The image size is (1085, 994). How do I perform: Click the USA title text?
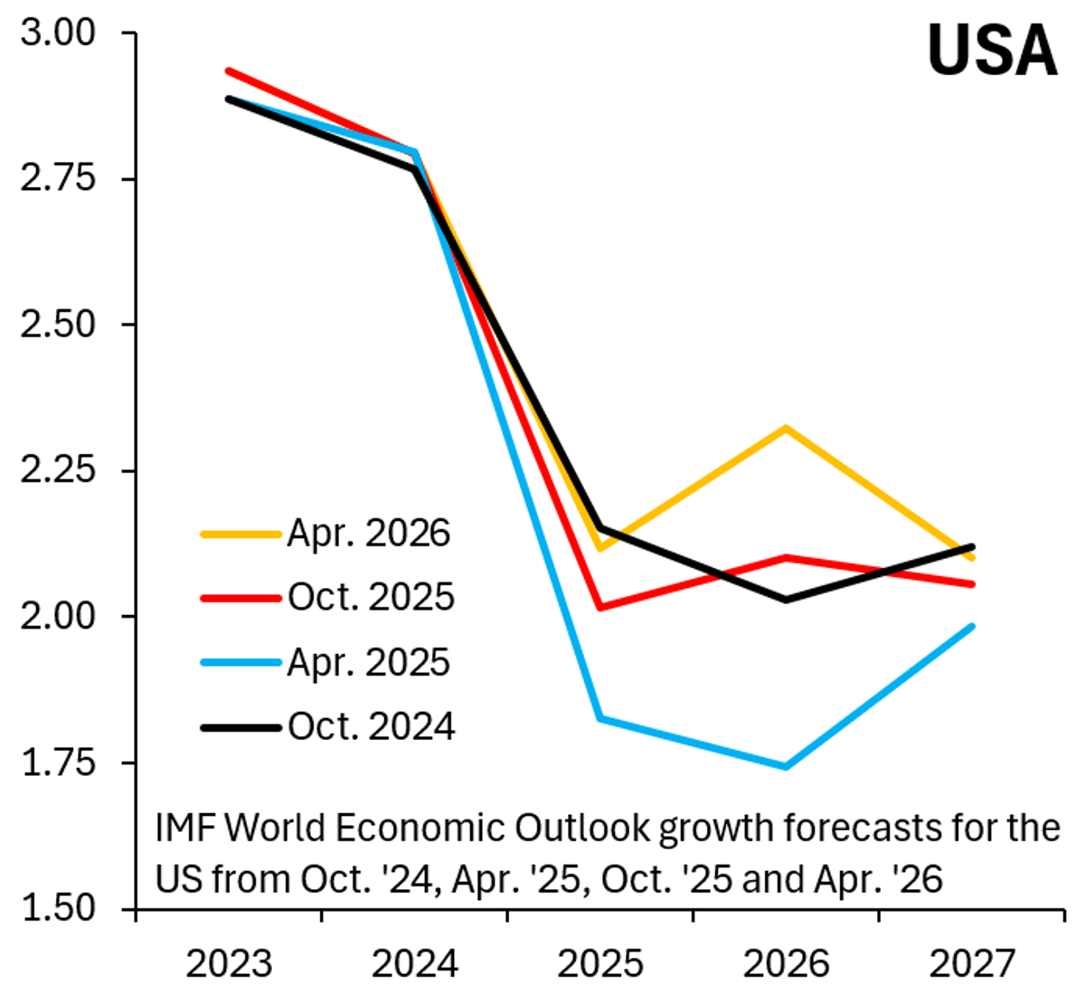coord(992,50)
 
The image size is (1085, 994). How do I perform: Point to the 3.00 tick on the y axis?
coord(57,33)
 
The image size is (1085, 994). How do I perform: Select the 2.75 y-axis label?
coord(57,178)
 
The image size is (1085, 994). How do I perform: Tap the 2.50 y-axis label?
coord(57,325)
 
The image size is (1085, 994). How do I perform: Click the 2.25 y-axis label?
coord(57,470)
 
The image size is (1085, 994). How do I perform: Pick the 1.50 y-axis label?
coord(57,908)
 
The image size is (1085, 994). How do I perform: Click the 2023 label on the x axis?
coord(229,964)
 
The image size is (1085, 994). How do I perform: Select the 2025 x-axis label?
coord(600,964)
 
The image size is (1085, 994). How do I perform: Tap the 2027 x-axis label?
coord(972,964)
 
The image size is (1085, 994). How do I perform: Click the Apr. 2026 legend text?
coord(369,534)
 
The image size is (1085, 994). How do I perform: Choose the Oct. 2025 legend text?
coord(371,597)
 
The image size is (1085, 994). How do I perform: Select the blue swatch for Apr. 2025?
coord(240,663)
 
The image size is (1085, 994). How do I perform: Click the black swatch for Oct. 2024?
coord(240,727)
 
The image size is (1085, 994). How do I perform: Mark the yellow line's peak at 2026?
coord(786,428)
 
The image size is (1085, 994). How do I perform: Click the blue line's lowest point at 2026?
coord(786,767)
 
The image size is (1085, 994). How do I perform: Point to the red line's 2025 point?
coord(600,607)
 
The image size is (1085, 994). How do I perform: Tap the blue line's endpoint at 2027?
coord(972,626)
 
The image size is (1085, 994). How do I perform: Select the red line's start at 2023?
coord(229,71)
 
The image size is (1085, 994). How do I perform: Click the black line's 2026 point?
coord(786,600)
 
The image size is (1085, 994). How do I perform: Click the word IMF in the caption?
coord(185,828)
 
